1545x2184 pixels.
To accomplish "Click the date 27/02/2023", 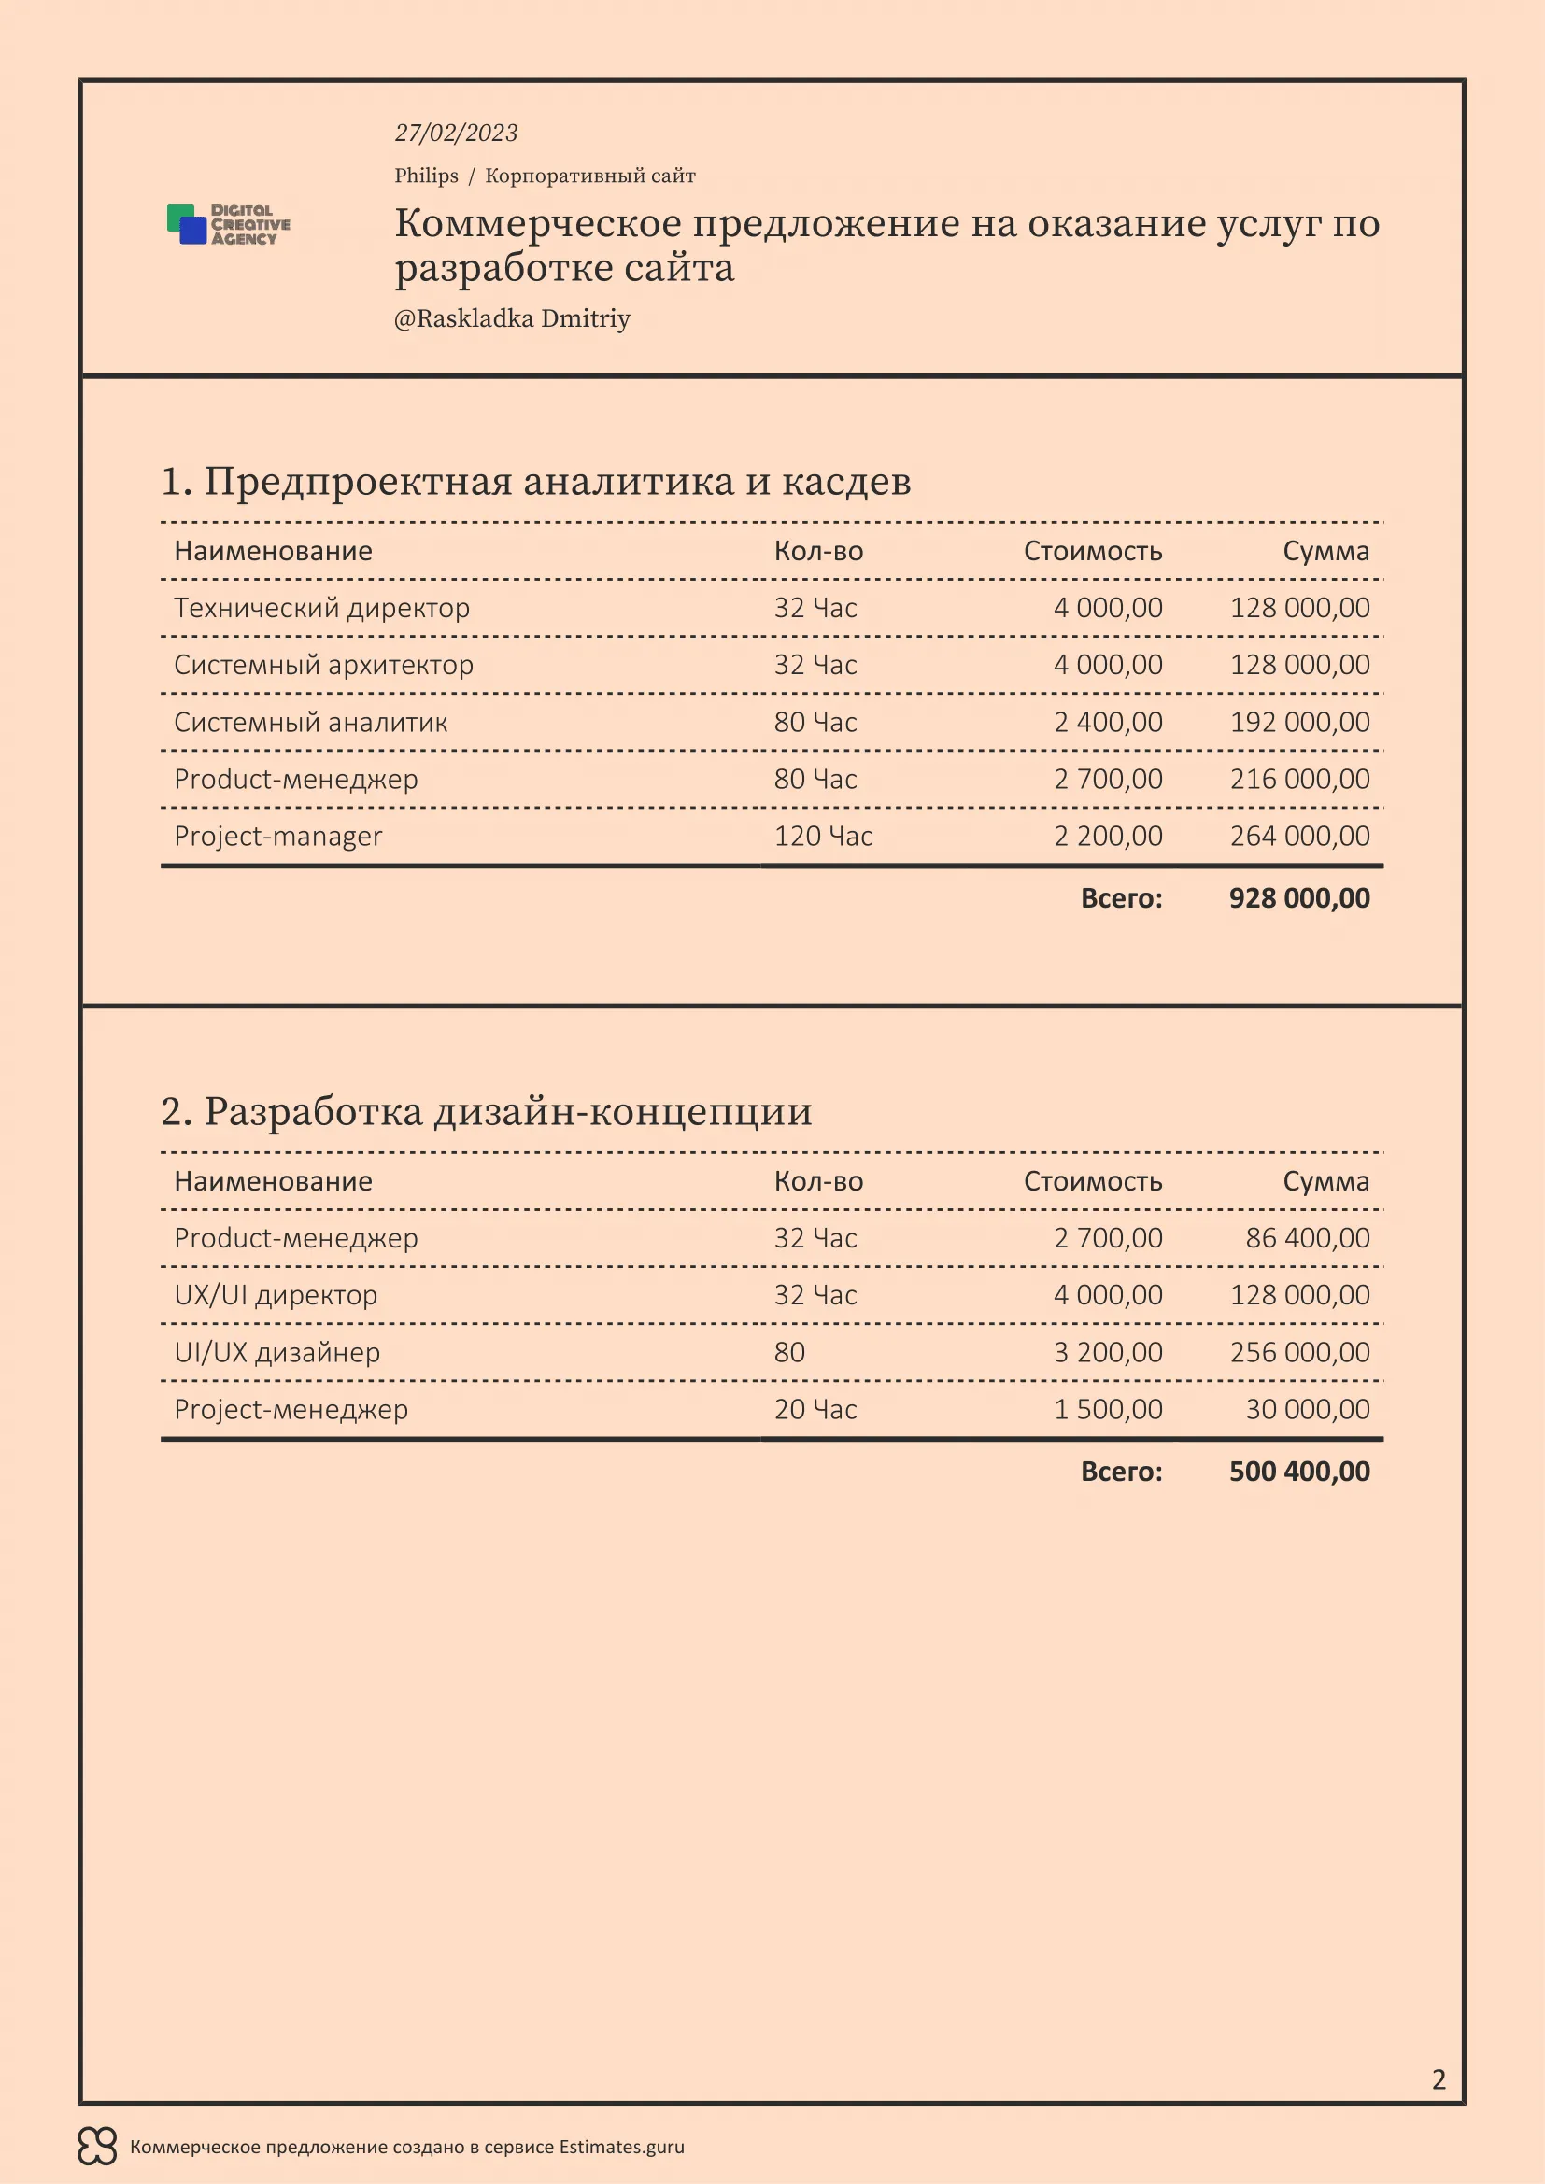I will click(x=456, y=134).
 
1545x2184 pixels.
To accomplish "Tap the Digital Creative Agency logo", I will click(x=228, y=224).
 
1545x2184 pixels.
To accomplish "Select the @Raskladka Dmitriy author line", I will click(x=512, y=318).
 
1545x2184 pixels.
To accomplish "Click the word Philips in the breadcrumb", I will click(x=426, y=176).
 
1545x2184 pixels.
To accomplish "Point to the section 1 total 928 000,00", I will click(x=1298, y=898).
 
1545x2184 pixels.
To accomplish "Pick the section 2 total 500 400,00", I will click(x=1298, y=1472).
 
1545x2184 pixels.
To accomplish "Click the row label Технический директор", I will click(x=321, y=608).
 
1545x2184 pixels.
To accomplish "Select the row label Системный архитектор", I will click(x=323, y=665).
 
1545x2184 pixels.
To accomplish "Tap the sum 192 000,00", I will click(x=1299, y=722).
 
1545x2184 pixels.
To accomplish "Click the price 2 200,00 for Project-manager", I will click(x=1108, y=836).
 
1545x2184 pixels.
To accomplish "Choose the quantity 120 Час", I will click(x=823, y=836).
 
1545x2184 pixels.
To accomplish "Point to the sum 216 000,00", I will click(x=1299, y=779).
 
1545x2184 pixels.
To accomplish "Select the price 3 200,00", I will click(x=1108, y=1352).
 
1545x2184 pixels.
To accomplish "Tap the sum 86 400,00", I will click(x=1307, y=1237).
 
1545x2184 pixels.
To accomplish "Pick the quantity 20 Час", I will click(x=815, y=1409).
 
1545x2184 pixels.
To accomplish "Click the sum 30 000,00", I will click(x=1307, y=1409).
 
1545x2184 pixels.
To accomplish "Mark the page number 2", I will click(x=1439, y=2079).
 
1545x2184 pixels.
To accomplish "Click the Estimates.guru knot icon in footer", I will click(x=97, y=2147).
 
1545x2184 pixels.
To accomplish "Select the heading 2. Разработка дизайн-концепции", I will click(x=486, y=1111).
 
